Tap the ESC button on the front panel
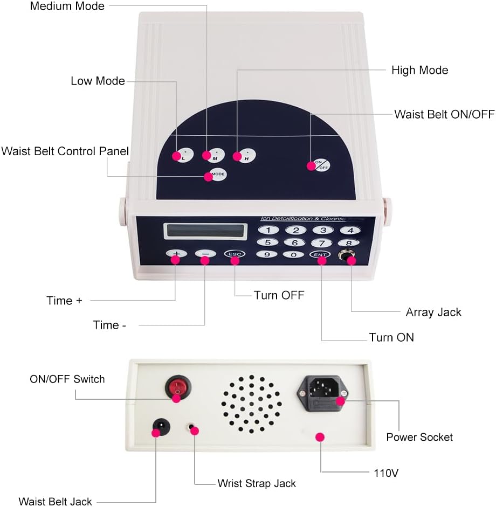point(235,254)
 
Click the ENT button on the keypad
point(320,254)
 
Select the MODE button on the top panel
point(217,174)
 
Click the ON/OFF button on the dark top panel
point(321,165)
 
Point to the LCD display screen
point(205,231)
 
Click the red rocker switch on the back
point(178,387)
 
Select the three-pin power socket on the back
point(322,393)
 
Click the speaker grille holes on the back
point(251,404)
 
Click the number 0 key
point(293,254)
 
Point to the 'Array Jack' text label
point(433,312)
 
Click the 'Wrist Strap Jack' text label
point(257,483)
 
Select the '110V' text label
point(386,473)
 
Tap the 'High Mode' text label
point(419,70)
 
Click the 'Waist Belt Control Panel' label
point(65,151)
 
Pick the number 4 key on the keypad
point(350,230)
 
